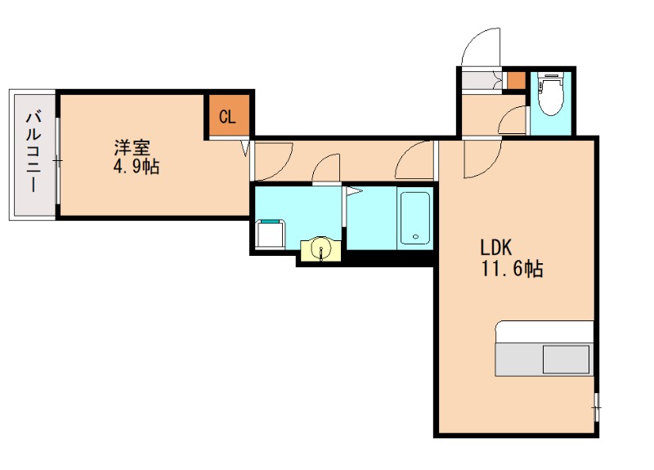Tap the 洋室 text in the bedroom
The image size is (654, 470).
pos(132,149)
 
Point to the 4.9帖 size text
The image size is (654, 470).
pos(137,168)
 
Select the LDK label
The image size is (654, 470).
pos(495,248)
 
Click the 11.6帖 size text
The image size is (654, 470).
pos(512,269)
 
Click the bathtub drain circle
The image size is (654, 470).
pos(415,238)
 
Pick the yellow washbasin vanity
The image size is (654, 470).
pos(321,249)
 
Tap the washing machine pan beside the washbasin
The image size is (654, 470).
pos(271,235)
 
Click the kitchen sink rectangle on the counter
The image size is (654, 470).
pos(566,359)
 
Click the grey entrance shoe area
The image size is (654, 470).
pos(480,82)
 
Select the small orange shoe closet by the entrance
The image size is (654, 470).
pos(515,80)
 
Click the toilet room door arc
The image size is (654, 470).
pos(513,121)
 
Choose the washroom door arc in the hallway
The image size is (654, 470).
pos(326,168)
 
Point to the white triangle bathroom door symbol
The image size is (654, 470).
pos(353,192)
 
